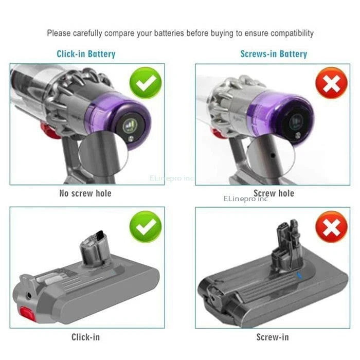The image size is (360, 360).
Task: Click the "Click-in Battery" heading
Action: click(86, 53)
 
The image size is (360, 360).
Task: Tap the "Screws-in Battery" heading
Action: click(274, 53)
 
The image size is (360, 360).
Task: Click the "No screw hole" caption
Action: click(86, 193)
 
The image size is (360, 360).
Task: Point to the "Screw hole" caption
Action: click(274, 193)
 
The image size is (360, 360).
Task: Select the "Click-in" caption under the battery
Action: click(86, 337)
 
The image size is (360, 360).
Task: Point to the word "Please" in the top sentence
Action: click(59, 33)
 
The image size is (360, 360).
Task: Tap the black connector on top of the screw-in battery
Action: click(286, 240)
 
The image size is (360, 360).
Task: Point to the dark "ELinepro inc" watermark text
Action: click(246, 198)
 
